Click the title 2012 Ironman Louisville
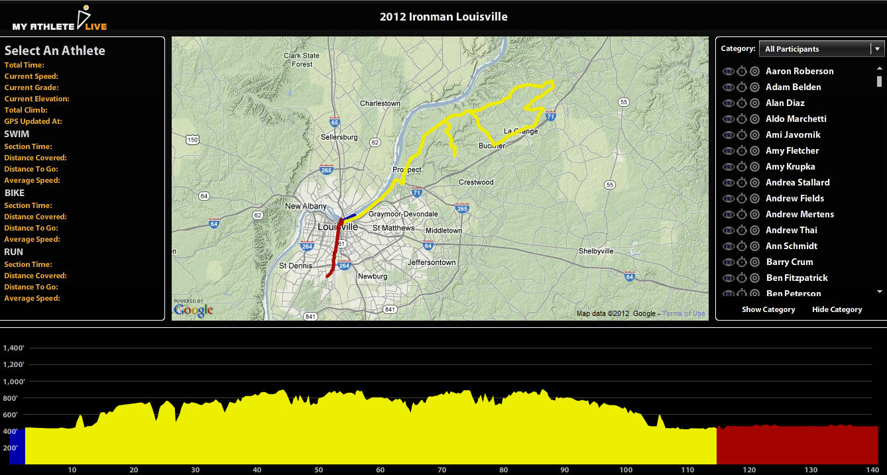[x=443, y=17]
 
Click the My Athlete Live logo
[x=60, y=19]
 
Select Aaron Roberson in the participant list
[x=799, y=71]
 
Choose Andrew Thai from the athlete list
[x=791, y=230]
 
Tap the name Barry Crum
[x=789, y=262]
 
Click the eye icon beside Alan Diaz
[x=728, y=103]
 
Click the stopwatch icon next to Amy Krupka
[x=742, y=166]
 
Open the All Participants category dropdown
[x=821, y=48]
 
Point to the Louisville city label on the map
[x=338, y=227]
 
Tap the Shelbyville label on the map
[x=596, y=251]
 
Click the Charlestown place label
[x=380, y=103]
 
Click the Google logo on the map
[x=193, y=309]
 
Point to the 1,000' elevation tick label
[x=13, y=382]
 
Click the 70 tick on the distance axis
[x=442, y=470]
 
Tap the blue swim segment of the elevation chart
[x=17, y=446]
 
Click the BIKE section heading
[x=15, y=193]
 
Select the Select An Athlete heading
[x=55, y=50]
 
